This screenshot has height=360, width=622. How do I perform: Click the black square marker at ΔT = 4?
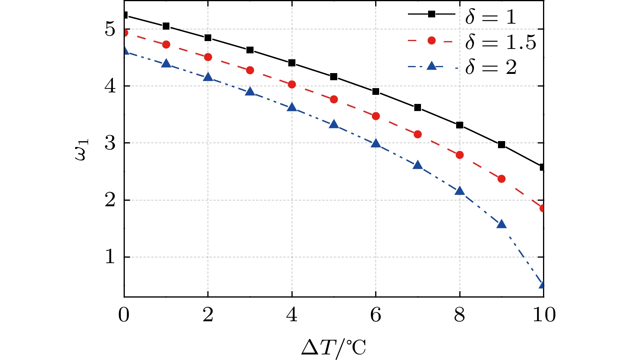292,63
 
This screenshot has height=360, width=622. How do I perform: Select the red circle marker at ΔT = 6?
376,116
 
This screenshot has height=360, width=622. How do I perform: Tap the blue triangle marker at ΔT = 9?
502,224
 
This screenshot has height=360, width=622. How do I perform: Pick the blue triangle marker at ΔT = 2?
208,77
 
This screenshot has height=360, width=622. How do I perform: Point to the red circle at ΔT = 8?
460,155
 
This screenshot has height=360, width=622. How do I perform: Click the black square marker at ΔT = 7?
417,107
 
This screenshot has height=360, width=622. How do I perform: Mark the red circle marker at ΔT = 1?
166,45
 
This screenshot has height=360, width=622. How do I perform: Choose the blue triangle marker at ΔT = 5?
334,124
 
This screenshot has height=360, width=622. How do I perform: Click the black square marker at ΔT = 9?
502,145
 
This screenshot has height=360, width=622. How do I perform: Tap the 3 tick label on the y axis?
110,143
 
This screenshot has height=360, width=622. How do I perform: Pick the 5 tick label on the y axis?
110,29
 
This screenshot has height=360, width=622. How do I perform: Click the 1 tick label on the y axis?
110,257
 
